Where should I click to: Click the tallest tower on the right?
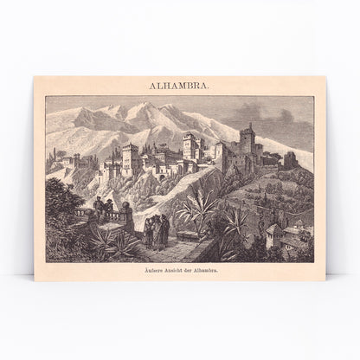point(248,149)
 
